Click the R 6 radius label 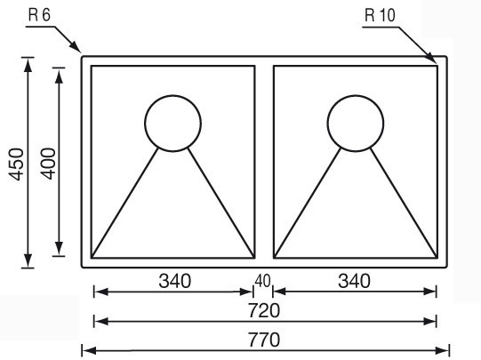(x=39, y=15)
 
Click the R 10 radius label (x=380, y=15)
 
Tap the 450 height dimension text (x=16, y=164)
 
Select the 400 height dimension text (x=49, y=164)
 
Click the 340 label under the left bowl (x=175, y=281)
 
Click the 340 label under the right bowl (x=354, y=281)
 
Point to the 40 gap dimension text (x=262, y=281)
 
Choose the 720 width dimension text (x=264, y=310)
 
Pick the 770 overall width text (x=264, y=340)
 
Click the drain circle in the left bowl (x=172, y=96)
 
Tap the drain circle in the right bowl (x=356, y=96)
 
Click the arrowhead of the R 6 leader (x=76, y=46)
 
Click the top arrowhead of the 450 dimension (x=28, y=65)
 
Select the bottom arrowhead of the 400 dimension (x=59, y=248)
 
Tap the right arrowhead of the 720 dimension (x=429, y=322)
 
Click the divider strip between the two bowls (x=264, y=162)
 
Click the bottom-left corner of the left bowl (x=92, y=258)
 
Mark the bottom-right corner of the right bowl (x=437, y=258)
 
